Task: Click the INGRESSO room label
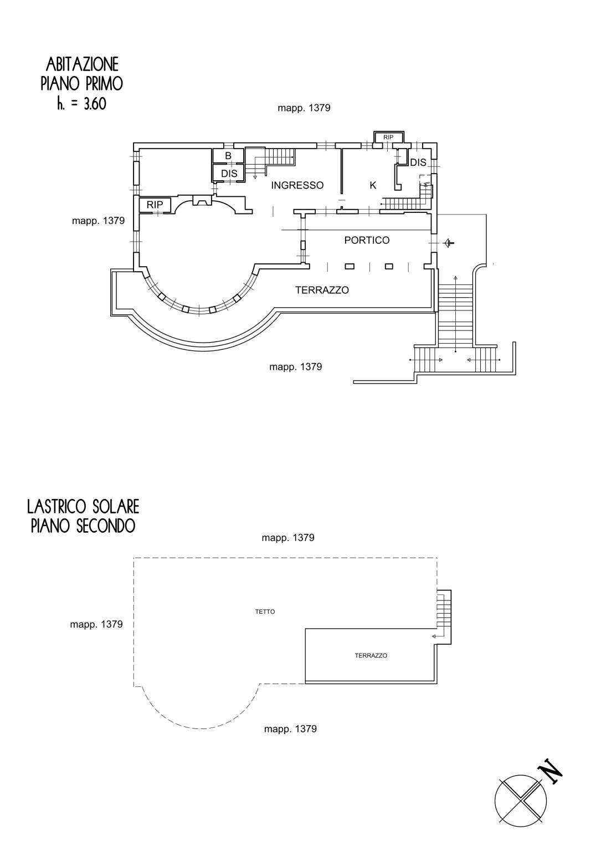point(297,186)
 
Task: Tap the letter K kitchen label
point(373,186)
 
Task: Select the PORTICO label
point(367,241)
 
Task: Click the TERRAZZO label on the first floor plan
point(322,290)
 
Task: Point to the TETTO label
point(265,612)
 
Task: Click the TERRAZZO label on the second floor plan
point(371,655)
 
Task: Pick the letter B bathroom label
point(228,156)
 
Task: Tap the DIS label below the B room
point(229,174)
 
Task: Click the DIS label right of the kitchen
point(418,163)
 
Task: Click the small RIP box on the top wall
point(388,137)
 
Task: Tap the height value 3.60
point(94,104)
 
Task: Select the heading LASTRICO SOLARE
point(83,506)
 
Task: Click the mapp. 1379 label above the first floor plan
point(304,108)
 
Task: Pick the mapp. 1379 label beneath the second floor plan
point(290,729)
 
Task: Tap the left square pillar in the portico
point(350,266)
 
